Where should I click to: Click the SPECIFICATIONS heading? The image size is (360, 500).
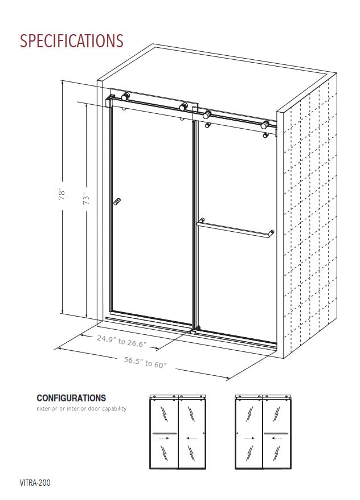(x=72, y=41)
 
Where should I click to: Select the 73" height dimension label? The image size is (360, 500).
(x=87, y=199)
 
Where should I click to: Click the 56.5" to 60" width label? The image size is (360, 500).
(x=146, y=362)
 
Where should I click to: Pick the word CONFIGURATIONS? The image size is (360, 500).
(x=71, y=398)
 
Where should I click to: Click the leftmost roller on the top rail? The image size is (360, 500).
(x=125, y=97)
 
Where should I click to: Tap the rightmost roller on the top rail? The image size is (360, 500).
(x=265, y=125)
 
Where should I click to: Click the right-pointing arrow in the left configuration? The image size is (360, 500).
(x=165, y=438)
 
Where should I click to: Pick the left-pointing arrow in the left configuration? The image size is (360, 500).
(x=193, y=438)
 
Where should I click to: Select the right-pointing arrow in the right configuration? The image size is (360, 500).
(x=248, y=438)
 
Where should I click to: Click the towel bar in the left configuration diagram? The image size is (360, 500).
(x=165, y=433)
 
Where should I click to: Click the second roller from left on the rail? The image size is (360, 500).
(x=183, y=106)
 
